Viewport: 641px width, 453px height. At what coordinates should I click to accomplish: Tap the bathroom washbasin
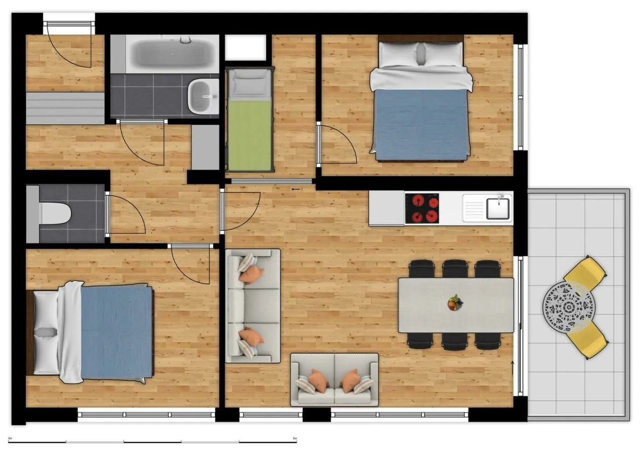pyautogui.click(x=202, y=95)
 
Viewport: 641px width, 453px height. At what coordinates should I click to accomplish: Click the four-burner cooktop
pyautogui.click(x=422, y=208)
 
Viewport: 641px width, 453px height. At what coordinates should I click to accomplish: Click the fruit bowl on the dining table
pyautogui.click(x=455, y=303)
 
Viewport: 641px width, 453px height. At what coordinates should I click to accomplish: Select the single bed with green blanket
pyautogui.click(x=249, y=121)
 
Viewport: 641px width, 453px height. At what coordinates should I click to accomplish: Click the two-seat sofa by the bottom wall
pyautogui.click(x=334, y=380)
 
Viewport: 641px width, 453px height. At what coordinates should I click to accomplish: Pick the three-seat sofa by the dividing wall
pyautogui.click(x=252, y=306)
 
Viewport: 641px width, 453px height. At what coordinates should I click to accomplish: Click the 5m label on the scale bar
pyautogui.click(x=295, y=438)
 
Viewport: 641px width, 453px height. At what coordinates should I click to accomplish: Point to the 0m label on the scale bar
pyautogui.click(x=11, y=438)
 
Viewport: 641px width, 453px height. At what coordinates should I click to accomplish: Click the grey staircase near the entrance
pyautogui.click(x=65, y=108)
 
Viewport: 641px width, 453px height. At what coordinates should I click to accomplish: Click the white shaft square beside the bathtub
pyautogui.click(x=245, y=47)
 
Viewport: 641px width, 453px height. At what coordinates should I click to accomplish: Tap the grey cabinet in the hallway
pyautogui.click(x=205, y=147)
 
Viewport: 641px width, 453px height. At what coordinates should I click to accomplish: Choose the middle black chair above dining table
pyautogui.click(x=455, y=268)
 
